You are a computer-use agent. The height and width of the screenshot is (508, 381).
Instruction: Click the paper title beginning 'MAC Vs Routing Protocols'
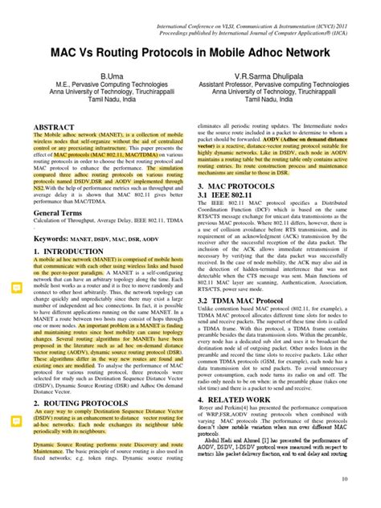[x=190, y=54]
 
